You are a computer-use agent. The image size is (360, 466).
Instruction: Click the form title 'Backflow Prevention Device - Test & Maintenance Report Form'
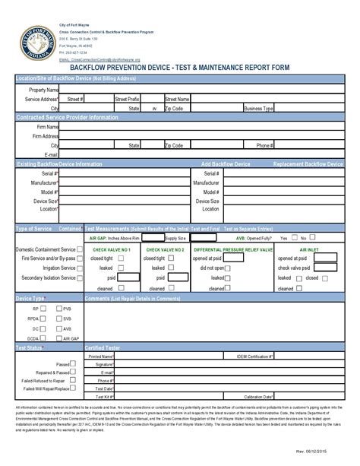tap(179, 67)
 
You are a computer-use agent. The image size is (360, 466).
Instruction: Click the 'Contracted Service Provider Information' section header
tap(68, 118)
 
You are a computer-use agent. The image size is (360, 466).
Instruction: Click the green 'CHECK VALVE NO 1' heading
tap(112, 249)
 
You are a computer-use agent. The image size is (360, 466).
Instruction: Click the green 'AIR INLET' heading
tap(310, 249)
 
